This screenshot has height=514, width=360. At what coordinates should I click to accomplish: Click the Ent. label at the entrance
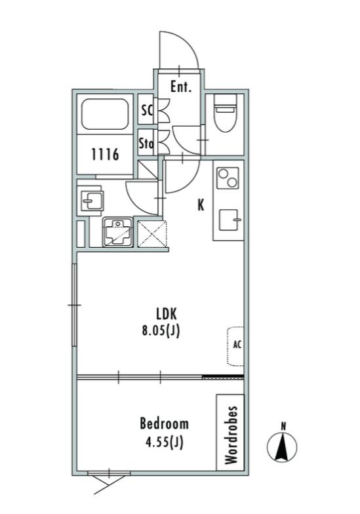pyautogui.click(x=181, y=87)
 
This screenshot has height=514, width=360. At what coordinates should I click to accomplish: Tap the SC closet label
pyautogui.click(x=147, y=110)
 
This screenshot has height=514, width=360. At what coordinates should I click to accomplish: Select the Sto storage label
pyautogui.click(x=146, y=144)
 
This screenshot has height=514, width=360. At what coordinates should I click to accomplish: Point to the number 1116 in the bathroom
pyautogui.click(x=105, y=154)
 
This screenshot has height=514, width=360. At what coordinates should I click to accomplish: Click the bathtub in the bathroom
pyautogui.click(x=105, y=114)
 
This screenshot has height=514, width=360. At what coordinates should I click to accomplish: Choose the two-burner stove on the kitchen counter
pyautogui.click(x=228, y=178)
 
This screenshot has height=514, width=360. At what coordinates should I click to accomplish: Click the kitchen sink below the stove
pyautogui.click(x=230, y=220)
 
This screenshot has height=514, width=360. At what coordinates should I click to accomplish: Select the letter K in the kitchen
pyautogui.click(x=201, y=205)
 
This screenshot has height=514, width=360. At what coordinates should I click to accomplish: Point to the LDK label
pyautogui.click(x=167, y=315)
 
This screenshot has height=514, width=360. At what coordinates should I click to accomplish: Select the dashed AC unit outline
pyautogui.click(x=235, y=346)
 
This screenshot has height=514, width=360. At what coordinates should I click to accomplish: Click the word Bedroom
pyautogui.click(x=164, y=424)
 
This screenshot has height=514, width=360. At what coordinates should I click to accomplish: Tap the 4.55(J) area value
pyautogui.click(x=164, y=443)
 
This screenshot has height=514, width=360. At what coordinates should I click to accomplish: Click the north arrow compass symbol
pyautogui.click(x=282, y=446)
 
